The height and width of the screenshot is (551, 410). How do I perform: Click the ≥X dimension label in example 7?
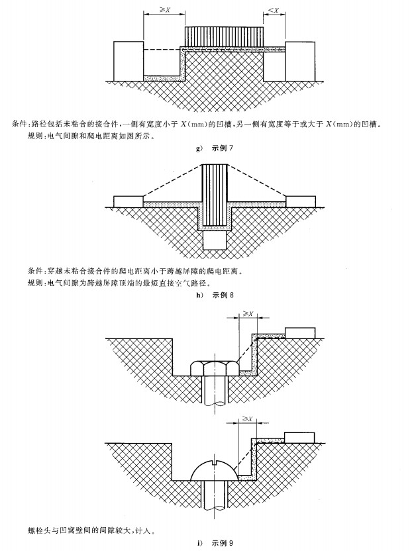[x=164, y=10]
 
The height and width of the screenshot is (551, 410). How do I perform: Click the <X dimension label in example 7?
[x=274, y=10]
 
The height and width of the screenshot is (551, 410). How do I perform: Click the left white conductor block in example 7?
[x=128, y=61]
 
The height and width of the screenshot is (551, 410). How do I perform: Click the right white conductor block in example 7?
[x=301, y=61]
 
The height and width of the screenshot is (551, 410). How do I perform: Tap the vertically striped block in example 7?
[x=224, y=36]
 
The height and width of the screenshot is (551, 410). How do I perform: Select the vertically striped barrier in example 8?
[x=215, y=196]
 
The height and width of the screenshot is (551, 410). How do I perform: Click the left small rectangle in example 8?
[x=128, y=202]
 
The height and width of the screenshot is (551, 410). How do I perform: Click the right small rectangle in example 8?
[x=301, y=202]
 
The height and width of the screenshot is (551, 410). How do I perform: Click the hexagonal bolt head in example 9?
[x=215, y=368]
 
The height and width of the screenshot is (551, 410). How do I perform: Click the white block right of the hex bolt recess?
[x=300, y=332]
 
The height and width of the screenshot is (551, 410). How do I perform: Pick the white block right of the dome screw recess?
[x=299, y=438]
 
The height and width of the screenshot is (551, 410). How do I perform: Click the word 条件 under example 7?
[x=19, y=124]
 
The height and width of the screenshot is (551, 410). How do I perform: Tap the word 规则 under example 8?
[x=34, y=283]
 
